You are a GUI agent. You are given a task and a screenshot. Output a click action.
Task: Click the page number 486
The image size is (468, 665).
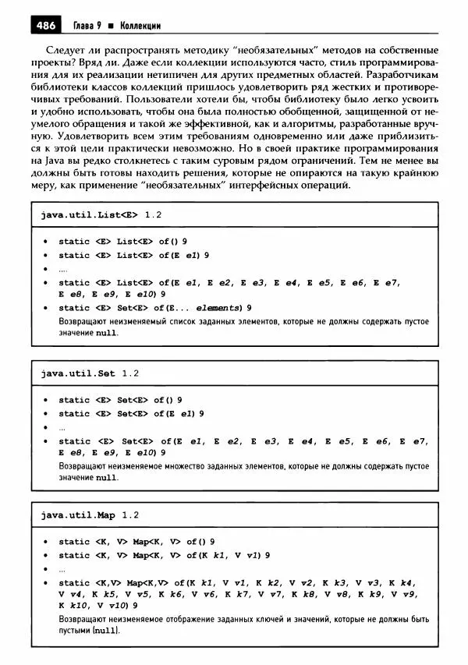click(x=45, y=26)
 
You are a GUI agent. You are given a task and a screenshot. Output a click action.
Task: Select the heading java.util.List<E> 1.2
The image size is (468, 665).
click(x=101, y=213)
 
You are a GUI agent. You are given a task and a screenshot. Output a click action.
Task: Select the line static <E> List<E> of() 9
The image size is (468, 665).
click(x=122, y=242)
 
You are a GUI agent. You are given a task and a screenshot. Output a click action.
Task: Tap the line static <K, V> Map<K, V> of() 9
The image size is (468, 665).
click(x=136, y=542)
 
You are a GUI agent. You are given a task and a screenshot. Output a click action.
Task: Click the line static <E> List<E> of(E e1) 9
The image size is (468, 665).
click(x=133, y=255)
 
